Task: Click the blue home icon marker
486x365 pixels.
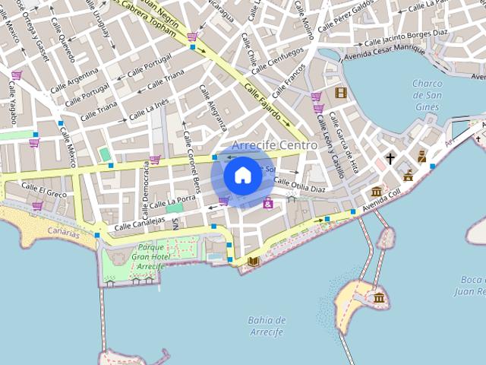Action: pyautogui.click(x=242, y=175)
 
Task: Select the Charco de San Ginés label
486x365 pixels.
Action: pyautogui.click(x=427, y=95)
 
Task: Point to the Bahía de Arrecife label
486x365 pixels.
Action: pyautogui.click(x=266, y=326)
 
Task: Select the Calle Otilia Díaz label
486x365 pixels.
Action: pyautogui.click(x=299, y=183)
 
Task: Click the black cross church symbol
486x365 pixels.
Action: pyautogui.click(x=390, y=159)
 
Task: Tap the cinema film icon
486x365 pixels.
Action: pyautogui.click(x=340, y=94)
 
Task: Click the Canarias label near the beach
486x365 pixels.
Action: pyautogui.click(x=62, y=233)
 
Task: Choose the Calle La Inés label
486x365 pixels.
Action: pyautogui.click(x=149, y=110)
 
